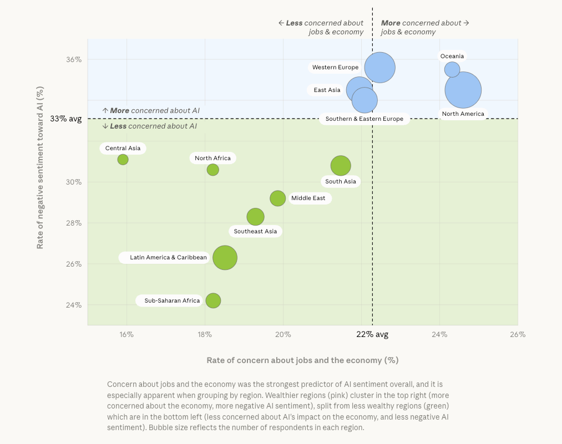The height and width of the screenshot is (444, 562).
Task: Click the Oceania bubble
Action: (452, 69)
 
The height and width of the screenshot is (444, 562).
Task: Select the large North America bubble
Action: (463, 90)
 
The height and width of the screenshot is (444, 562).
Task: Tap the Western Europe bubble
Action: (380, 68)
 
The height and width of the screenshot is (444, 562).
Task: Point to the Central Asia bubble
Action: (123, 160)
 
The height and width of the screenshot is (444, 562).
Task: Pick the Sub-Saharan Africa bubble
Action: (213, 300)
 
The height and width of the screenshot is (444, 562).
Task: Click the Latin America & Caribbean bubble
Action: (225, 258)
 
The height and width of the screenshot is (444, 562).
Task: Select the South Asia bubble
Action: (341, 165)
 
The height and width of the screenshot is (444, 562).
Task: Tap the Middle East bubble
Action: (278, 198)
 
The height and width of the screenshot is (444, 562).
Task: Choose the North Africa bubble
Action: (212, 170)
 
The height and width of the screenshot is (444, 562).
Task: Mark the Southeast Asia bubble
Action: (255, 216)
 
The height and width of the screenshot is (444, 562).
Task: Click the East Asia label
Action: (327, 90)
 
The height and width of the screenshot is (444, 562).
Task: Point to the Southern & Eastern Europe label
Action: (364, 119)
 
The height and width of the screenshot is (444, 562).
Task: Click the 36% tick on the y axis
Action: (74, 59)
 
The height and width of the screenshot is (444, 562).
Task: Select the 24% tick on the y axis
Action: (74, 305)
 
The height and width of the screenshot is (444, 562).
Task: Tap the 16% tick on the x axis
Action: (126, 334)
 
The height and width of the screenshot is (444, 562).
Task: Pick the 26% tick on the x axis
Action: (518, 334)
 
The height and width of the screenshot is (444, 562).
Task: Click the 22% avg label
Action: (372, 334)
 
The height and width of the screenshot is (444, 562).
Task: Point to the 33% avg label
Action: (66, 119)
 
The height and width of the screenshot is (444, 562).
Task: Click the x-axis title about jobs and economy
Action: (302, 360)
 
